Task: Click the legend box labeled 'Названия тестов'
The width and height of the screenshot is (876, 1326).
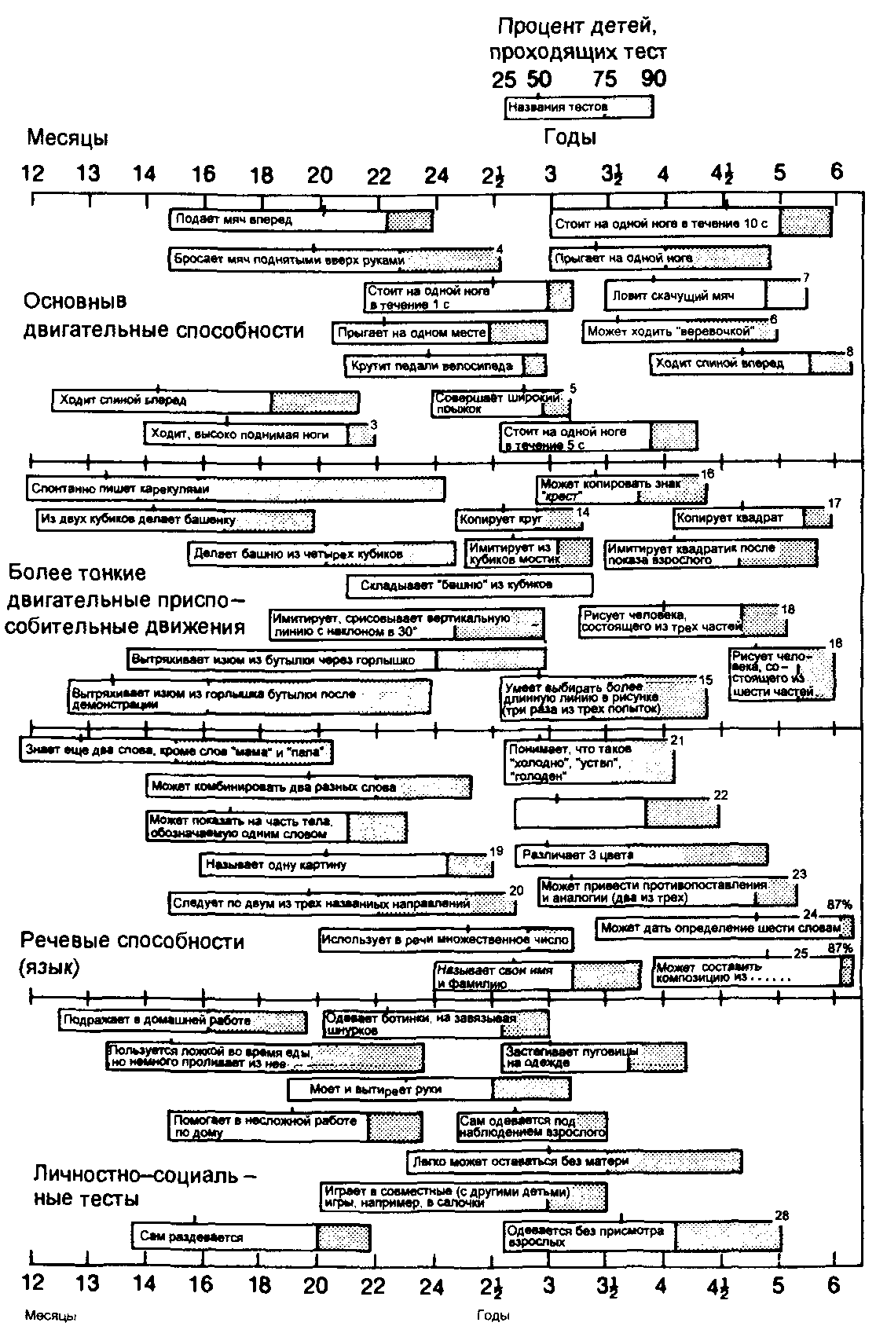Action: click(578, 107)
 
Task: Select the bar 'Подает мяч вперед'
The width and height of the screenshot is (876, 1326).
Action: click(301, 220)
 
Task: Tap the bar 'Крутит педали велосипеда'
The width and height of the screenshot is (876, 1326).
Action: click(445, 365)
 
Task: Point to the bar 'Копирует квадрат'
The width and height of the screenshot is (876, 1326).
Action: click(752, 518)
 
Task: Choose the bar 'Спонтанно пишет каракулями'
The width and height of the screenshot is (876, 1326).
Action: click(235, 489)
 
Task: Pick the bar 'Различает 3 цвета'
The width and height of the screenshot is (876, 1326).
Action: click(641, 855)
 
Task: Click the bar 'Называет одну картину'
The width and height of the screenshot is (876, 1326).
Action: click(346, 865)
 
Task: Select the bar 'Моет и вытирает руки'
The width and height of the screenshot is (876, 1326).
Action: click(429, 1090)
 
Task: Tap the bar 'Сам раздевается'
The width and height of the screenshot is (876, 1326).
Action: click(251, 1237)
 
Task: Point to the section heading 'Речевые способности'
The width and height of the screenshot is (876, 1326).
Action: click(132, 940)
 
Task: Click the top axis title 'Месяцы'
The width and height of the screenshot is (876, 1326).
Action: click(68, 138)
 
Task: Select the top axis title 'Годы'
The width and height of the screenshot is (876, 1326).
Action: click(570, 137)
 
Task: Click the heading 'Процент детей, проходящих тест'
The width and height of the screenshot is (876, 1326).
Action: click(577, 39)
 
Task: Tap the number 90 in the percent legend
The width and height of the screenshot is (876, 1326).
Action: click(653, 79)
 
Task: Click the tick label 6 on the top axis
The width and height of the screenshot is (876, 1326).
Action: click(837, 171)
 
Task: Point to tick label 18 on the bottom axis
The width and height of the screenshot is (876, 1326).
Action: click(260, 1285)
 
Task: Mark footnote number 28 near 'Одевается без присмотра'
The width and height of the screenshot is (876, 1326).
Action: click(782, 1215)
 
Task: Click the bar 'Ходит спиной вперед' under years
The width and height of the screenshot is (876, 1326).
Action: click(750, 364)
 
